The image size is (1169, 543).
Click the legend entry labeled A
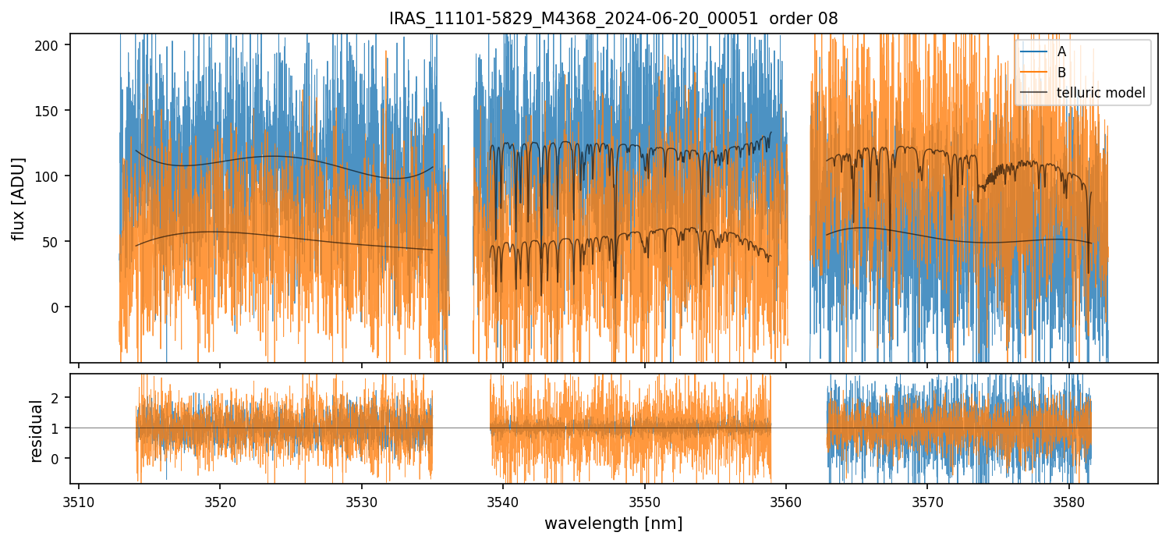click(x=1061, y=52)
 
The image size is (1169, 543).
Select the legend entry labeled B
click(x=1061, y=73)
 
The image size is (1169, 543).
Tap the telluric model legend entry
click(x=1100, y=93)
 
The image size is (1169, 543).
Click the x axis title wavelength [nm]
click(x=614, y=523)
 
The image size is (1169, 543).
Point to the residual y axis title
click(x=36, y=430)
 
